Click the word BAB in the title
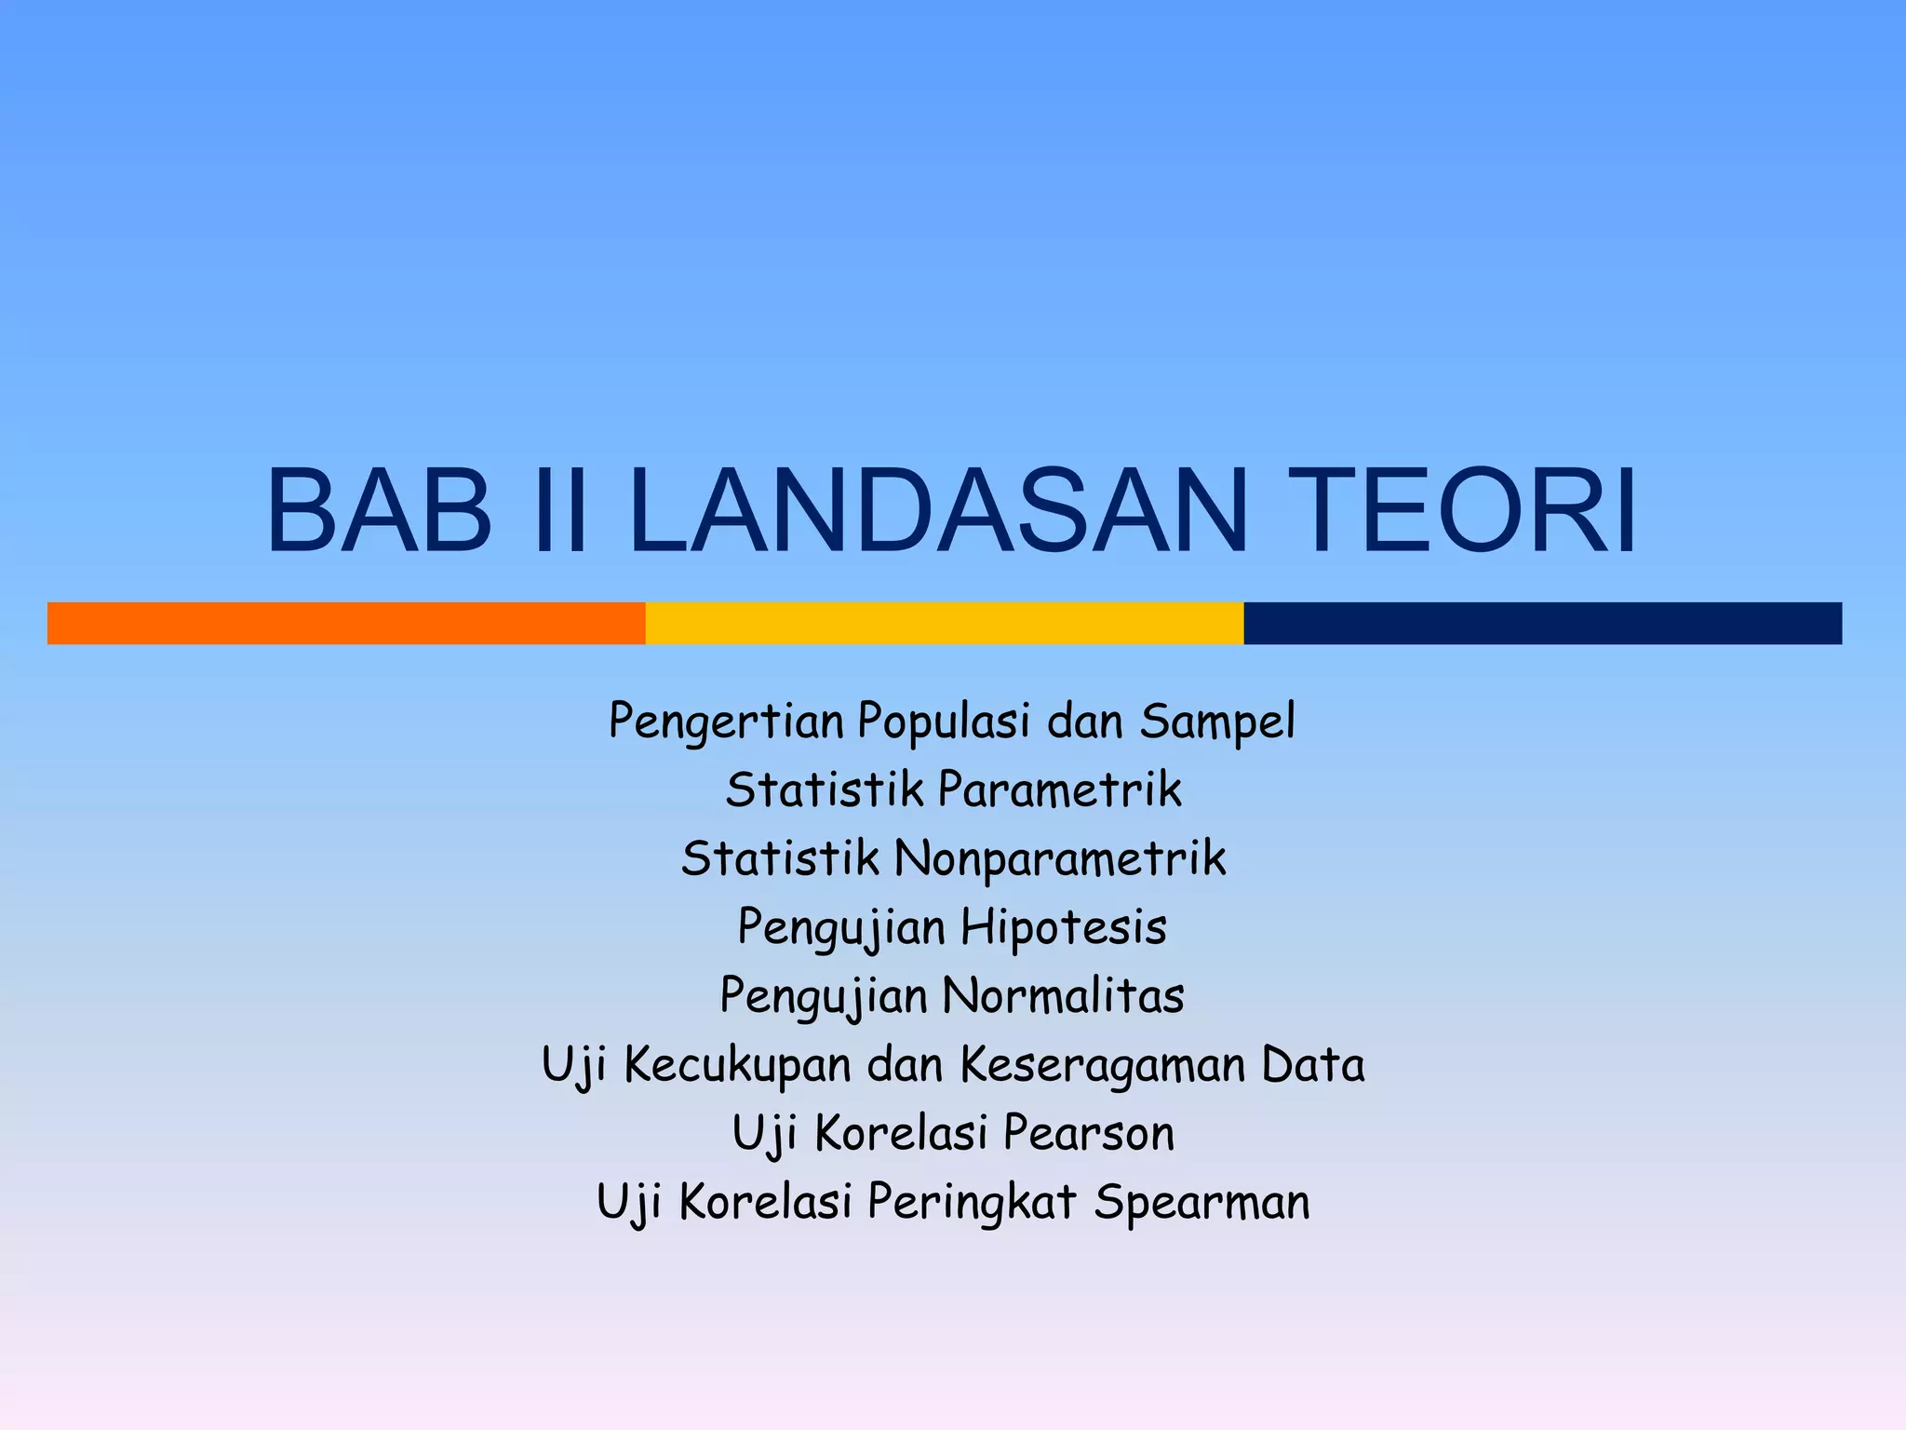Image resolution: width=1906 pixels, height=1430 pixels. (379, 511)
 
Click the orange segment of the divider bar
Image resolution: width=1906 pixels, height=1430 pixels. (346, 623)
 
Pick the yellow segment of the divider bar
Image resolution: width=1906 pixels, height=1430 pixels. (945, 623)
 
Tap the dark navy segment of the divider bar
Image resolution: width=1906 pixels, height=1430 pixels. (1542, 623)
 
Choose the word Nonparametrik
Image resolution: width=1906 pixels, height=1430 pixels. (1060, 858)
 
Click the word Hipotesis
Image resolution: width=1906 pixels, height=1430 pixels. (1063, 927)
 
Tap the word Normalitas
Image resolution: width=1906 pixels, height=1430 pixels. (1063, 995)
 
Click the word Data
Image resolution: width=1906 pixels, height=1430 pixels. (1313, 1064)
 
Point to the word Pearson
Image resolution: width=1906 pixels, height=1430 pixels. (1089, 1133)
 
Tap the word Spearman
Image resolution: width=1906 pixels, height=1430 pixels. (1201, 1202)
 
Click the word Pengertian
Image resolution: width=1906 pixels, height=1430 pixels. (726, 722)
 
